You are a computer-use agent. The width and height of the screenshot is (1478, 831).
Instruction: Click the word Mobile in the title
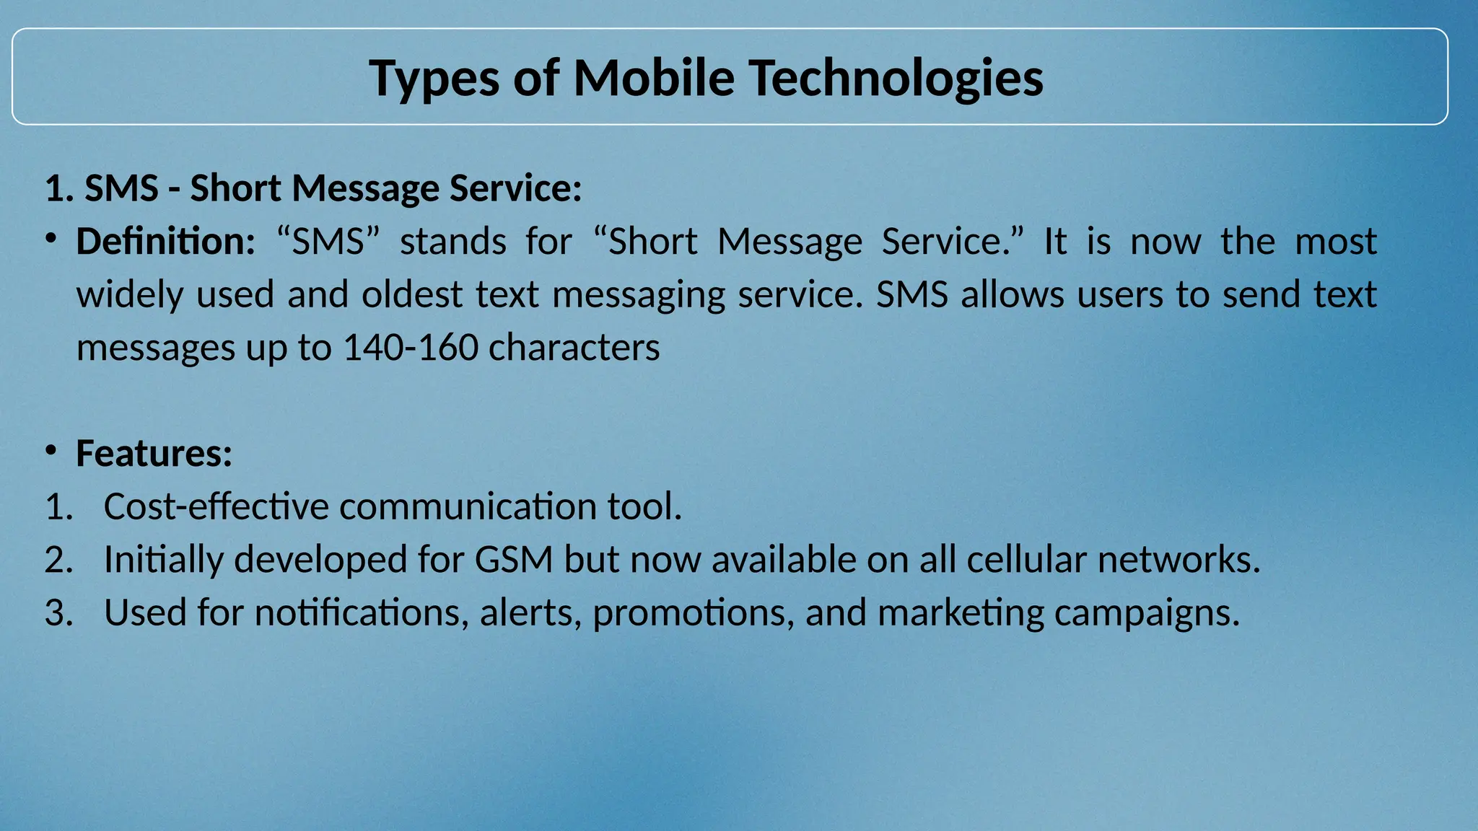[x=653, y=78]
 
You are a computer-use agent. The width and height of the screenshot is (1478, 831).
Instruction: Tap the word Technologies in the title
[x=895, y=78]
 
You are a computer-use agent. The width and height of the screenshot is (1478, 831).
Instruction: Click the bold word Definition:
[x=165, y=242]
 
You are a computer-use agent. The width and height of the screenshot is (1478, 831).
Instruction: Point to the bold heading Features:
[x=154, y=454]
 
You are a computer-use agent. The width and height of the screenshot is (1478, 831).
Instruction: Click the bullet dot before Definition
[x=50, y=239]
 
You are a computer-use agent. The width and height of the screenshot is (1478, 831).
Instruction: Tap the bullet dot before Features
[x=50, y=451]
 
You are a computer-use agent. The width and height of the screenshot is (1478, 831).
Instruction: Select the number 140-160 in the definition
[x=410, y=348]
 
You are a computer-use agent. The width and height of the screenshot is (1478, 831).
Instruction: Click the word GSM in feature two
[x=514, y=560]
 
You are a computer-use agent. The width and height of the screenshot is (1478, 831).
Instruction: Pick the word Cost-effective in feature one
[x=217, y=506]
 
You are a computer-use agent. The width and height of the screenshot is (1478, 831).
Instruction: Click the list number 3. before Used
[x=58, y=613]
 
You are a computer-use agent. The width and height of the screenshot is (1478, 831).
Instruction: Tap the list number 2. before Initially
[x=58, y=560]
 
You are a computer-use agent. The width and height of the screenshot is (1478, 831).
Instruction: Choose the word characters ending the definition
[x=574, y=348]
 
